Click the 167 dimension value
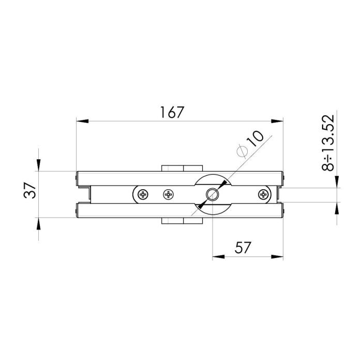[x=172, y=112]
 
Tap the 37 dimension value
[x=30, y=190]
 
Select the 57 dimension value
[x=243, y=248]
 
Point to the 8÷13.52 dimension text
[x=328, y=142]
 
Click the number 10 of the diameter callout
[x=255, y=139]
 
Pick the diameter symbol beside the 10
[x=242, y=151]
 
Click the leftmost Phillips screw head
[x=143, y=194]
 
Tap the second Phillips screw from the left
[x=169, y=194]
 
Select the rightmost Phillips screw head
[x=263, y=194]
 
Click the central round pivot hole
[x=212, y=194]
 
